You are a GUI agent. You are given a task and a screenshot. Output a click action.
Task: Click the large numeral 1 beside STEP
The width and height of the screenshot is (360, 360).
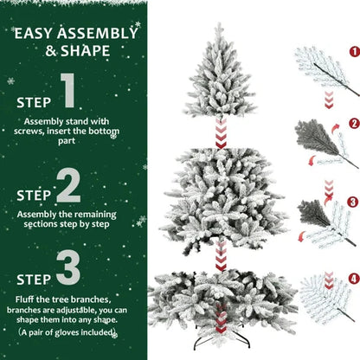[x=70, y=93]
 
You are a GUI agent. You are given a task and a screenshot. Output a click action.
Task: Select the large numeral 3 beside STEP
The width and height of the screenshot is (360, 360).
[x=69, y=269]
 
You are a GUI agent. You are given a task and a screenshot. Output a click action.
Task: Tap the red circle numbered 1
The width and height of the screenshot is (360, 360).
[x=353, y=52]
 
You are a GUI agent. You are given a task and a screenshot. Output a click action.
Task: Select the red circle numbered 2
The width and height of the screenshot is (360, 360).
[x=353, y=124]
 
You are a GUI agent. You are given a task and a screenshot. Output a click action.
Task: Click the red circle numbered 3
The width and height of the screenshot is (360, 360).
[x=353, y=202]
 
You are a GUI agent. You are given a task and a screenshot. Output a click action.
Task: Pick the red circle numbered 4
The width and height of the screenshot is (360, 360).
[x=353, y=279]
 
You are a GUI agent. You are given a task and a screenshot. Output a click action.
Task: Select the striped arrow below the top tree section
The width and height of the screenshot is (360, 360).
[x=221, y=133]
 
